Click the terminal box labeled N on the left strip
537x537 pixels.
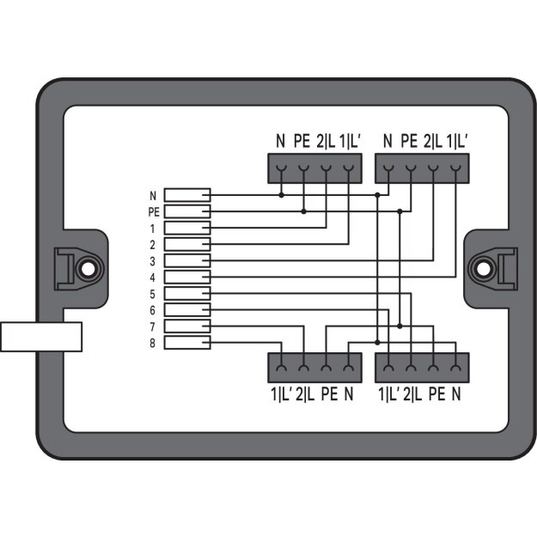click(x=187, y=195)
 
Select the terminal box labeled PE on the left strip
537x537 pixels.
click(x=187, y=211)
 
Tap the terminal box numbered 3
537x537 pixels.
click(x=187, y=260)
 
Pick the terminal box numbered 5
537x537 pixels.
click(x=187, y=294)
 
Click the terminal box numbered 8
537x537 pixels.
click(x=187, y=343)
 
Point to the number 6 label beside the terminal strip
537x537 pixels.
click(x=152, y=310)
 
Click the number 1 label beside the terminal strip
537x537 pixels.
click(x=152, y=229)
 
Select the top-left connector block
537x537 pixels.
click(x=314, y=168)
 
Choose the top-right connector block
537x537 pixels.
click(x=422, y=168)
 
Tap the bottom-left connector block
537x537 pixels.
click(x=314, y=368)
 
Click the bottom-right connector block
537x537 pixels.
click(x=422, y=368)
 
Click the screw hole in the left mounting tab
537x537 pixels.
click(x=88, y=269)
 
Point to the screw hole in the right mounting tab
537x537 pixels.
click(x=483, y=269)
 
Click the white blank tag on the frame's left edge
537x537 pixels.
click(x=41, y=337)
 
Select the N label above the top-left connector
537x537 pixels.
click(x=280, y=141)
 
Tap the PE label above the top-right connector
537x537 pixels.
click(x=409, y=141)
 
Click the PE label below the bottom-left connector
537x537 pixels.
click(x=329, y=394)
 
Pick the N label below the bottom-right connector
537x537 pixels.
click(x=456, y=394)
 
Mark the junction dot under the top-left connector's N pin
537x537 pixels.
click(x=281, y=195)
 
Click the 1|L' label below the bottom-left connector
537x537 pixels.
click(x=281, y=394)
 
